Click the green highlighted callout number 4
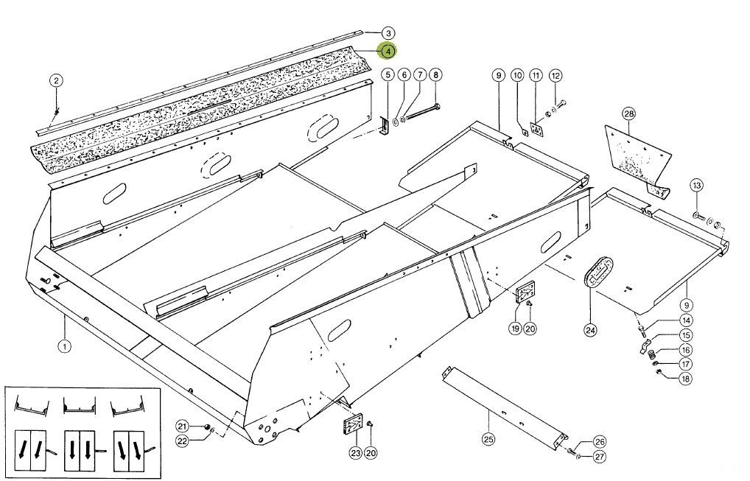click(388, 51)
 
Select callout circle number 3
click(388, 33)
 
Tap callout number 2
click(57, 80)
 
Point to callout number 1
click(64, 345)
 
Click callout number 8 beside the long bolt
click(435, 74)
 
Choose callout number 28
click(629, 113)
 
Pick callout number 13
click(696, 186)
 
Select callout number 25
click(489, 438)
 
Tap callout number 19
click(515, 329)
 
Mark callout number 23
click(355, 453)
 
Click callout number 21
click(182, 426)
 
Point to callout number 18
click(685, 379)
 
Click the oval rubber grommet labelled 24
click(599, 272)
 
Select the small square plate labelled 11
click(537, 130)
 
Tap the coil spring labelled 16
click(651, 355)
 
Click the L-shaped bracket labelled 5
click(385, 127)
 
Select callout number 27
click(600, 457)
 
